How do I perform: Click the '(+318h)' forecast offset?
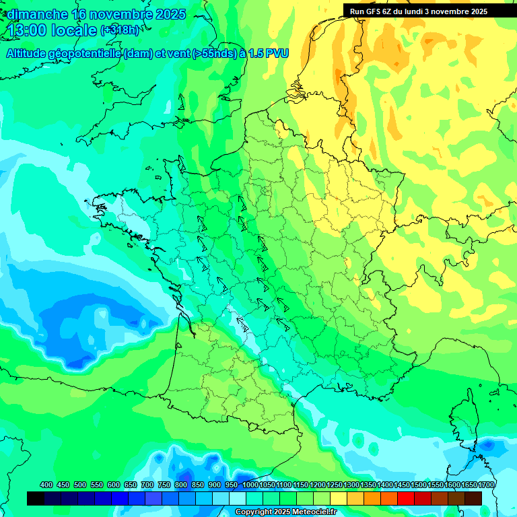pyautogui.click(x=120, y=30)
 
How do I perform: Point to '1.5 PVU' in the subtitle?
pyautogui.click(x=269, y=54)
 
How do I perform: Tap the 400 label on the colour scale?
pyautogui.click(x=46, y=485)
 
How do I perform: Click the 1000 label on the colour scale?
pyautogui.click(x=250, y=485)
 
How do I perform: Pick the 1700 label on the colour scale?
pyautogui.click(x=487, y=485)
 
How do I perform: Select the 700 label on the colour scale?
pyautogui.click(x=147, y=485)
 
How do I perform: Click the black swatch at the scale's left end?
pyautogui.click(x=36, y=498)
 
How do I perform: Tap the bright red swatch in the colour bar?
pyautogui.click(x=406, y=498)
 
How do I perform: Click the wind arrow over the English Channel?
pyautogui.click(x=181, y=102)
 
